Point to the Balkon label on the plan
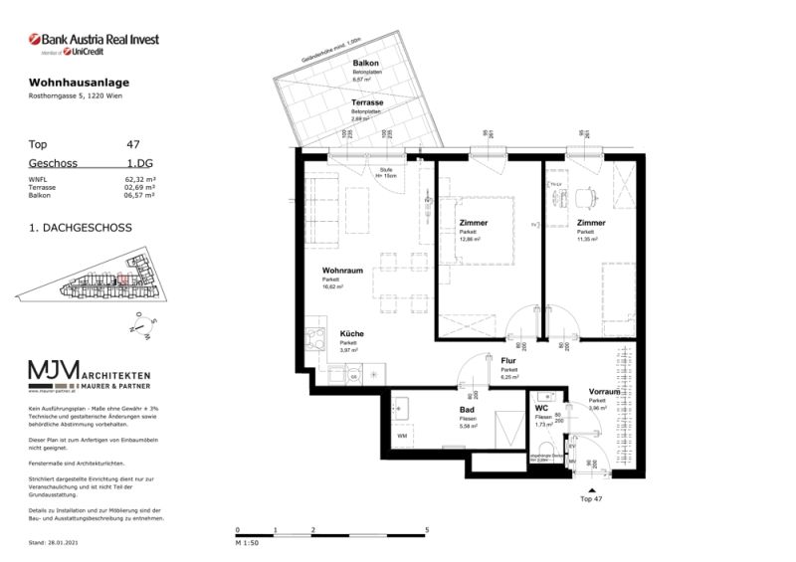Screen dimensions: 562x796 365,64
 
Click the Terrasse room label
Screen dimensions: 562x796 368,102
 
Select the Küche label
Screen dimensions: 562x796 351,334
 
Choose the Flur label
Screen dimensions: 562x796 507,361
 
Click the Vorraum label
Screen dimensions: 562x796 604,392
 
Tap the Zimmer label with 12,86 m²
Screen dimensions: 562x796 474,223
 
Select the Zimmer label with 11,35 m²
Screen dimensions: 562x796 591,223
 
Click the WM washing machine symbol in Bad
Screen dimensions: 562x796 402,435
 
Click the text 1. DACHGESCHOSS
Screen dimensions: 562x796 81,228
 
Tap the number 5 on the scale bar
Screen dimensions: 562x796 426,529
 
